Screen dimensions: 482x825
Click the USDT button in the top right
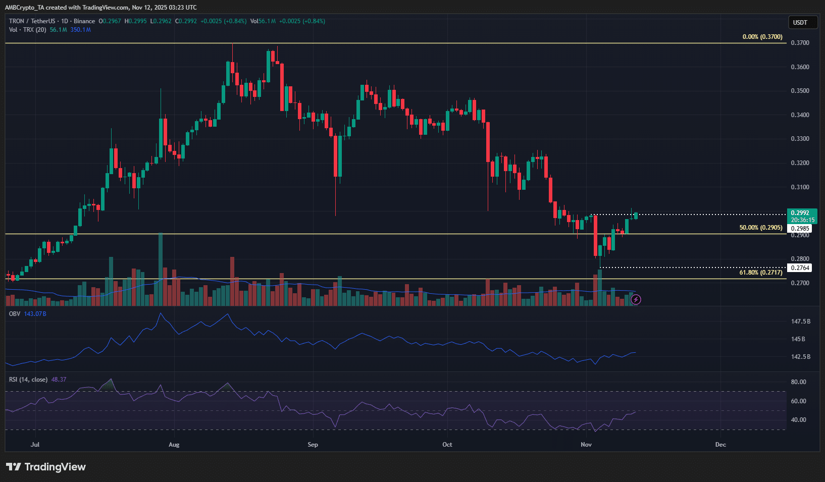tap(800, 23)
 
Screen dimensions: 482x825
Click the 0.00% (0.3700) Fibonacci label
tap(762, 37)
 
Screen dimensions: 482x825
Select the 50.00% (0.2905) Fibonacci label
tap(760, 228)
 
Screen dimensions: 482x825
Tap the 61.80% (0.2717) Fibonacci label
tap(760, 273)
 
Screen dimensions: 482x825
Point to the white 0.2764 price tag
tap(800, 268)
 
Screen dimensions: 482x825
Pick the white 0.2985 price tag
tap(800, 229)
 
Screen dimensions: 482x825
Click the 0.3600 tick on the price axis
tap(800, 67)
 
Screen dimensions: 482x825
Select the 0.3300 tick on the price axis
tap(800, 139)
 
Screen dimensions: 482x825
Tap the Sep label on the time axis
tap(313, 445)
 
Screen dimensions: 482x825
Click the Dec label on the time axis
tap(720, 445)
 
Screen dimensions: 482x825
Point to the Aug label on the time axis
tap(174, 445)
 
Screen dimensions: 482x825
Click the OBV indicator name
tap(15, 314)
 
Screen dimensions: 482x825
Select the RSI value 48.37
tap(59, 380)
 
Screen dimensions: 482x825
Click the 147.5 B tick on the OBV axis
tap(801, 322)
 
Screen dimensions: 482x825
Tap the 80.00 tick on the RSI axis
tap(799, 382)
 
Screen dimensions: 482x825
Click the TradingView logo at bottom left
tap(46, 467)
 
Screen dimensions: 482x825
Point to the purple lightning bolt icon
tap(636, 300)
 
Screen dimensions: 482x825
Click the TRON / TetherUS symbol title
tap(32, 21)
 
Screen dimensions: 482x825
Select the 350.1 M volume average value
tap(80, 30)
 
